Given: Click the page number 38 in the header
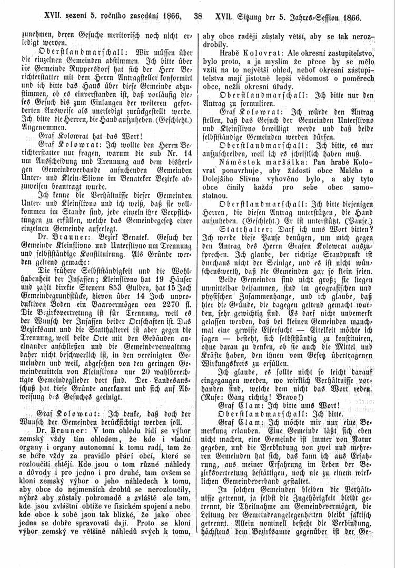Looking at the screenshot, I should [x=198, y=16].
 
